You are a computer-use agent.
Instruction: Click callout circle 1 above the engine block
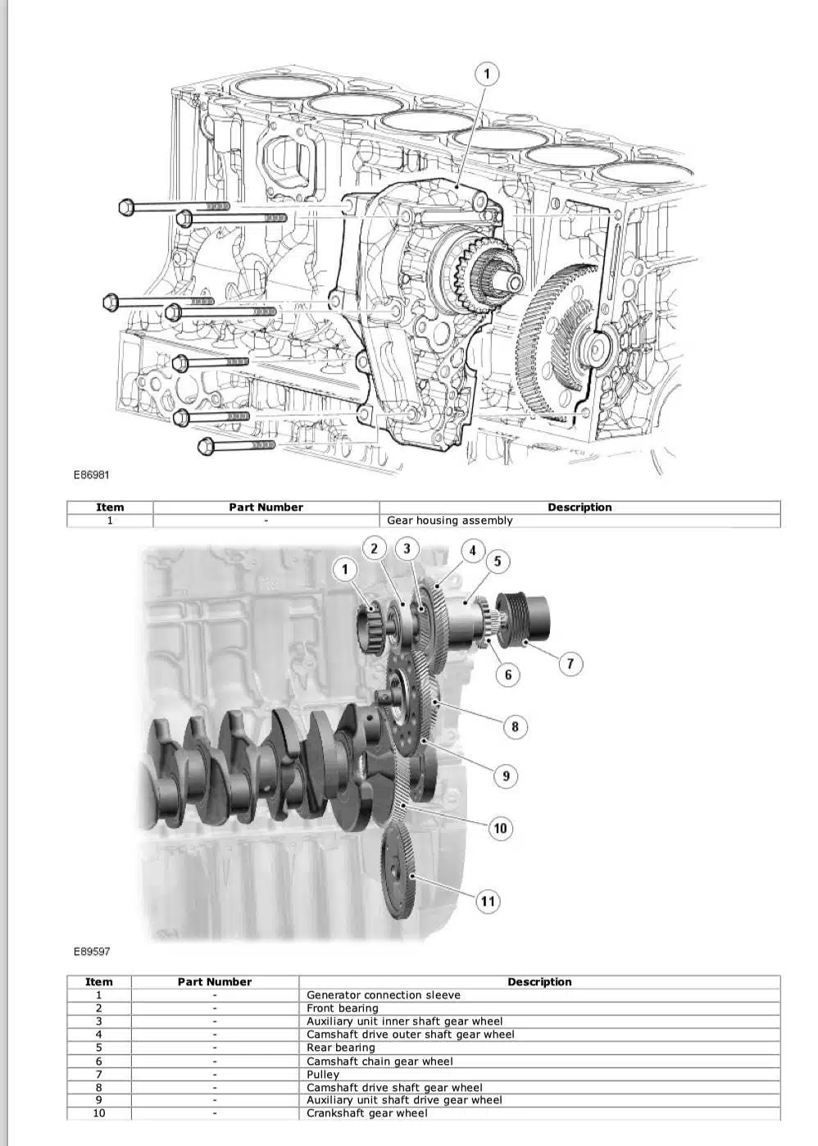click(486, 75)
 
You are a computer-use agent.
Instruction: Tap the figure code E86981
click(92, 475)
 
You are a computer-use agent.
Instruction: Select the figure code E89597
click(92, 952)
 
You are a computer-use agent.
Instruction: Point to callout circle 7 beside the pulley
click(570, 664)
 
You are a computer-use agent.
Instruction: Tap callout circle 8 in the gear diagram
click(515, 726)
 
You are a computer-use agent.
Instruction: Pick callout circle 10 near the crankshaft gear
click(500, 828)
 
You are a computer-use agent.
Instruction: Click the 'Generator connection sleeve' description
click(383, 996)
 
